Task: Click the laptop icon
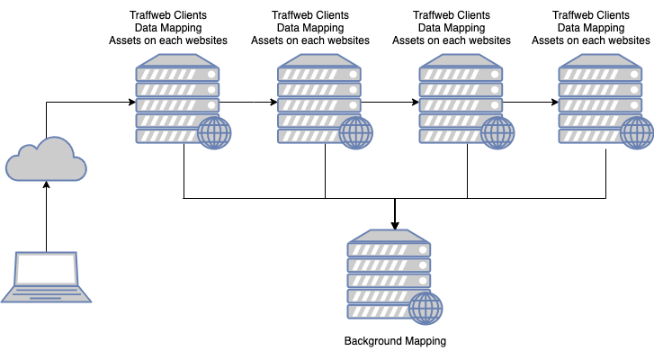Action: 46,277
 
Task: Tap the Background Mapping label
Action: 395,341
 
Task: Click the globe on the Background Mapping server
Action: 426,310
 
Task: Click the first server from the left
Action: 177,98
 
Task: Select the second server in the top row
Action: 318,98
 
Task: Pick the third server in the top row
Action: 460,98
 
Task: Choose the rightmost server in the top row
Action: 600,98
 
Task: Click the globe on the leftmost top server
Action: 214,133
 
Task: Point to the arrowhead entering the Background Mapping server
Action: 395,224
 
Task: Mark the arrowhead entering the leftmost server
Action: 130,102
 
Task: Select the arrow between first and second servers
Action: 248,102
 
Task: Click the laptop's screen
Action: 46,269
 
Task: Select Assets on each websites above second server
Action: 309,40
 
